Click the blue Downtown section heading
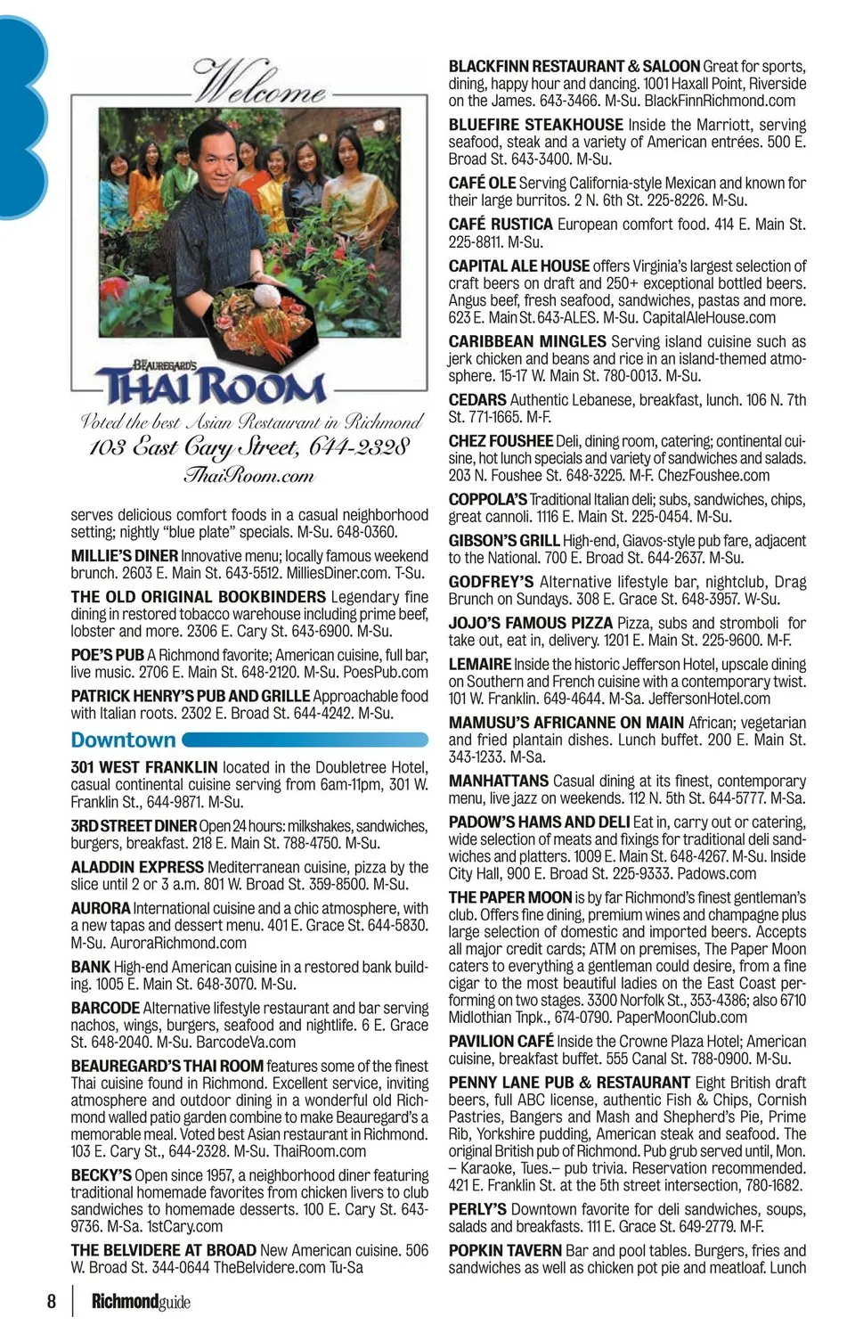[124, 740]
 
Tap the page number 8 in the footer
[52, 1302]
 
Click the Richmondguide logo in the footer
[141, 1302]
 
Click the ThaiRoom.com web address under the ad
[248, 476]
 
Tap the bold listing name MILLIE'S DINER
[124, 556]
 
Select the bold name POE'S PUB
[107, 655]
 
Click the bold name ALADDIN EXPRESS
[137, 867]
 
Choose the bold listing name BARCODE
[105, 1008]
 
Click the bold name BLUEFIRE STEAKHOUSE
[535, 125]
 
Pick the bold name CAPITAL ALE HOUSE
[518, 266]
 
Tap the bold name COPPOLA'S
[487, 499]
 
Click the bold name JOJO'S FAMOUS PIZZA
[531, 623]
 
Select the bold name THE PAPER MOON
[510, 897]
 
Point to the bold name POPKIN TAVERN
[505, 1250]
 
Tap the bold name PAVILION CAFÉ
[501, 1041]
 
